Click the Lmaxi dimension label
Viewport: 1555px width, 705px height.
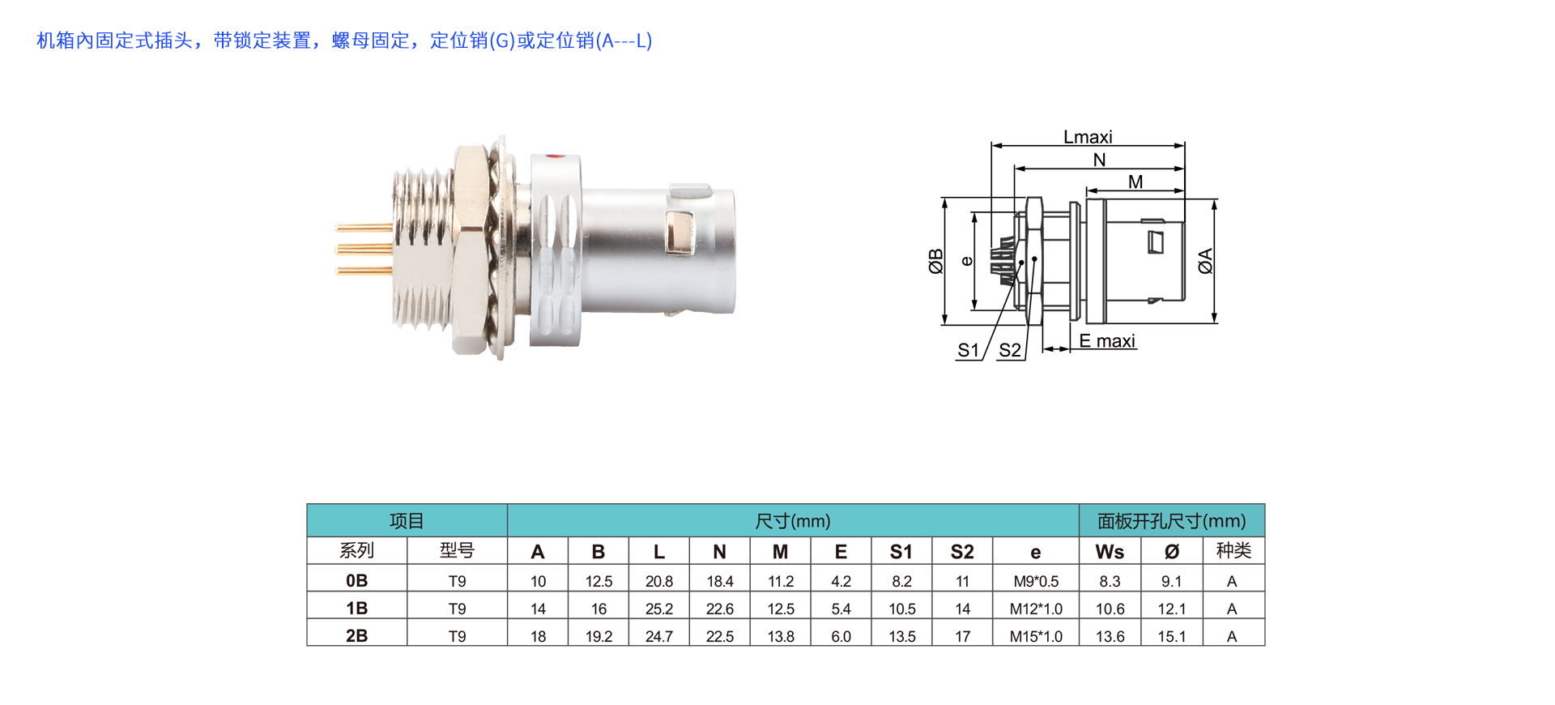[x=1088, y=137]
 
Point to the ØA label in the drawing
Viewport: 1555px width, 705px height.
[x=1206, y=261]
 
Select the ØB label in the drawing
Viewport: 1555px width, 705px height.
[x=936, y=261]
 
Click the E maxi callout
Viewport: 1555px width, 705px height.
[x=1107, y=341]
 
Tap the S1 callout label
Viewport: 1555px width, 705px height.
[x=968, y=350]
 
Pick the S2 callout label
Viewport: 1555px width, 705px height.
[x=1010, y=350]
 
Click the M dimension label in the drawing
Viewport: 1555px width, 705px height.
[x=1135, y=182]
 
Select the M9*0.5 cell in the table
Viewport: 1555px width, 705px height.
[x=1036, y=581]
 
